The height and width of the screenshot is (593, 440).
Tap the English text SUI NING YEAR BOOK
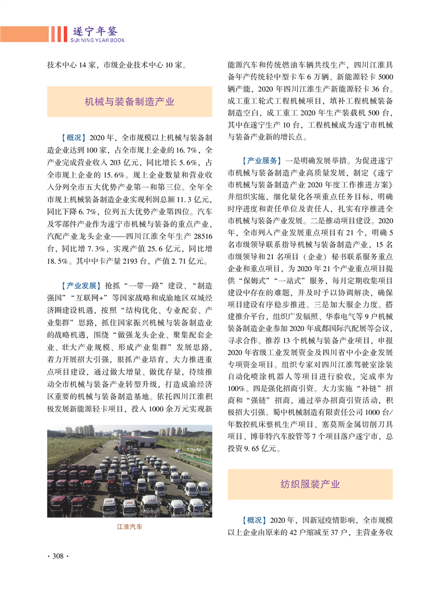[97, 40]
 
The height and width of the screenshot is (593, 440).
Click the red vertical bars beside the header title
[58, 35]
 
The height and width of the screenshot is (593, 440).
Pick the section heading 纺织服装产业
[310, 484]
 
